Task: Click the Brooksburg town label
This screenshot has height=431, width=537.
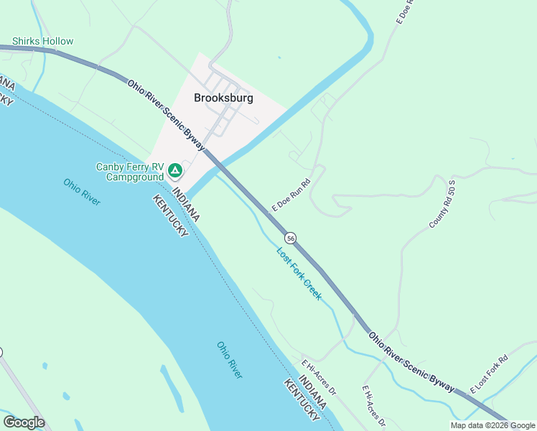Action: point(223,98)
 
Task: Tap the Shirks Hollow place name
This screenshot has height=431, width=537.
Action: point(42,41)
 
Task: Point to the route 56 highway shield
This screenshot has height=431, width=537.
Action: point(290,238)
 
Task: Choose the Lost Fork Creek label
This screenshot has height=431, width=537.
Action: point(299,273)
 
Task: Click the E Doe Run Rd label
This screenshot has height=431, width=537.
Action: point(290,195)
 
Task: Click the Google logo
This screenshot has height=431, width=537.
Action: point(24,422)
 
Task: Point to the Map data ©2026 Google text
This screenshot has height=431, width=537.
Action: point(492,425)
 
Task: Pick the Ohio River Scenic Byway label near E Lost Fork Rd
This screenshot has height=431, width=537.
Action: point(411,361)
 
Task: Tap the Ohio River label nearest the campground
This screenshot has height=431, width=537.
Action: point(81,192)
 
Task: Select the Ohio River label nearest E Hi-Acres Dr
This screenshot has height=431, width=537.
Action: point(230,359)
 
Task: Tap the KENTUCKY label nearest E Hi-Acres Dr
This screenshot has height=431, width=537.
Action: point(302,400)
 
